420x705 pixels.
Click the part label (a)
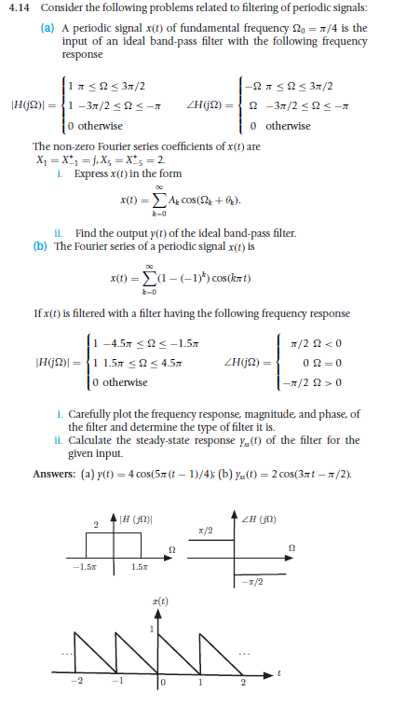[x=45, y=28]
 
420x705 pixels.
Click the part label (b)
[x=39, y=246]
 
